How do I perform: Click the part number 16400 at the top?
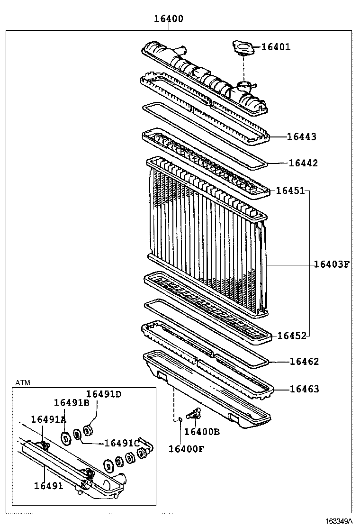coord(168,19)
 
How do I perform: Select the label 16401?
coord(276,47)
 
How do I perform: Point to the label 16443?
coord(301,136)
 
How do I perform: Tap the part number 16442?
coord(303,163)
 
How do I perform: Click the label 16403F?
coord(331,264)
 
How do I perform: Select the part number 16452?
coord(292,336)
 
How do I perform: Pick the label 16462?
coord(304,362)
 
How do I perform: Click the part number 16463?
coord(304,389)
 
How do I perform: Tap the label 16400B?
coord(202,431)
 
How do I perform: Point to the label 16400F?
coord(186,448)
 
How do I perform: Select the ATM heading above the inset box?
coord(22,382)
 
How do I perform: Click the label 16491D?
coord(104,394)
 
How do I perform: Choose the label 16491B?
coord(72,402)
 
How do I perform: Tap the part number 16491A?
coord(49,419)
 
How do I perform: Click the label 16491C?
coord(121,443)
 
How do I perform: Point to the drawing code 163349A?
coord(339,521)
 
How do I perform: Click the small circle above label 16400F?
coord(180,419)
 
